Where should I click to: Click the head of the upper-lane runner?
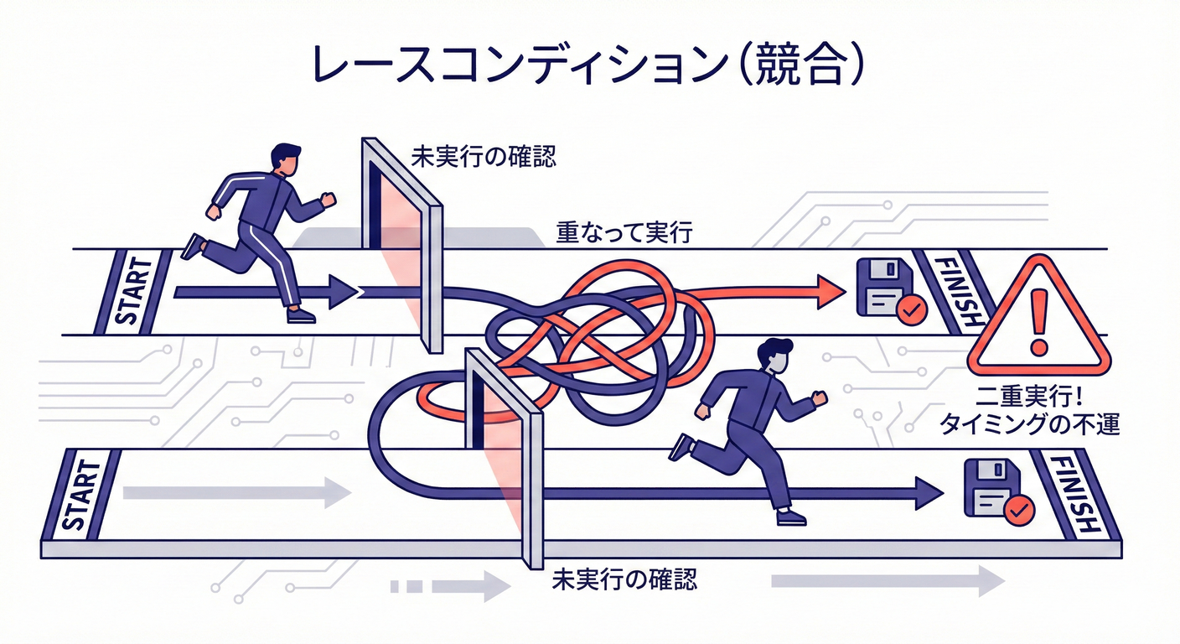click(x=284, y=159)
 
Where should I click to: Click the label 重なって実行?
click(x=624, y=233)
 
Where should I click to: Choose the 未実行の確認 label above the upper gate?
click(x=483, y=156)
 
